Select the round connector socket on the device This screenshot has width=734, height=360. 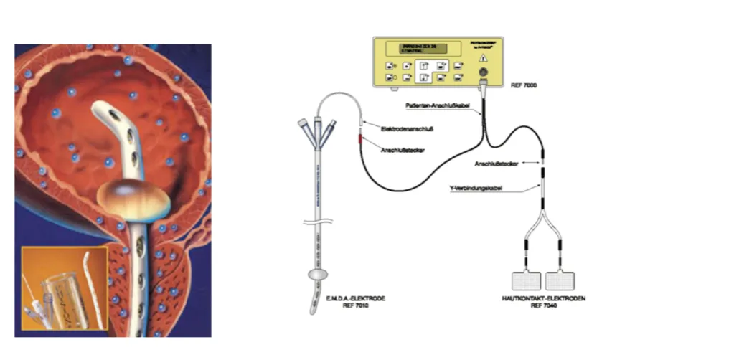point(483,74)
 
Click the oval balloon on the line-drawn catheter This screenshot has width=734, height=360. point(316,275)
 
